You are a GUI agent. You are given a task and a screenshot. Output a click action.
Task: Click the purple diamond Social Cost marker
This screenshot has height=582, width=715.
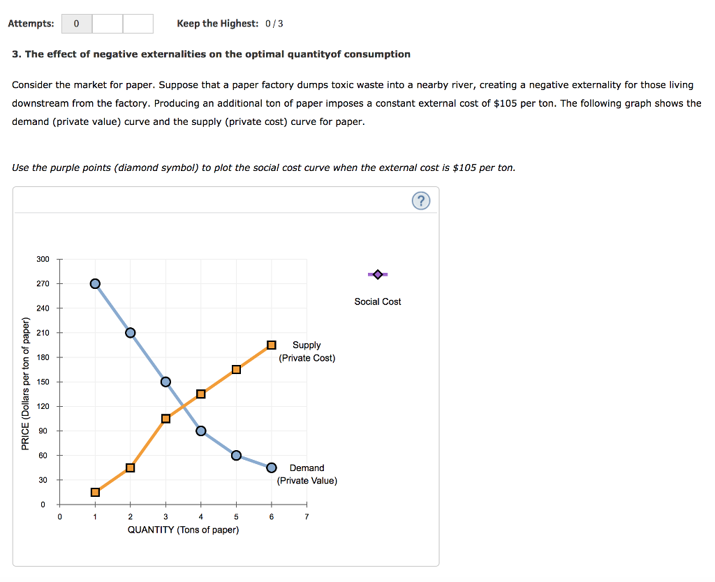[x=378, y=274]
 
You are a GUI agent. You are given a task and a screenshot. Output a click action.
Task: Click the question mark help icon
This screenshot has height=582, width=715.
[x=420, y=201]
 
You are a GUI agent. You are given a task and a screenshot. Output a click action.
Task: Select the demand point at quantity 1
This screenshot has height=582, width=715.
[x=95, y=283]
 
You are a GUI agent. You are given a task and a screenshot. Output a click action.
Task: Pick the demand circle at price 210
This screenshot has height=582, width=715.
[x=130, y=332]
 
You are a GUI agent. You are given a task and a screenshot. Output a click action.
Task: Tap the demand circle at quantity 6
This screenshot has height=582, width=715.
[x=272, y=468]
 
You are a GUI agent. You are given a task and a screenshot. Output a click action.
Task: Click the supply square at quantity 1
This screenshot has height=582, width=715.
[x=95, y=492]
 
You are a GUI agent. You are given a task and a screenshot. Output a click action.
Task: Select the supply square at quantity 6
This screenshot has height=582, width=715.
[x=272, y=345]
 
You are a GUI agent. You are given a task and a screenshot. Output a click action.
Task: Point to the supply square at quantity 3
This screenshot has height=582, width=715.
[x=165, y=419]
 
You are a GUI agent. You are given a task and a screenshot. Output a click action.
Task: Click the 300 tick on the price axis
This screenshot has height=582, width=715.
[x=43, y=259]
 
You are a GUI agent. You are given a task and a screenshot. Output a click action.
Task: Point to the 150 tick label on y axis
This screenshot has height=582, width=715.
[x=43, y=382]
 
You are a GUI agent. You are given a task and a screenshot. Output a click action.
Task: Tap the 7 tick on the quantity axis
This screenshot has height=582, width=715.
[x=307, y=517]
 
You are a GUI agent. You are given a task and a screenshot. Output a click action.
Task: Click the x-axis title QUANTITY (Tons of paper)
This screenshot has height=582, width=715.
[x=183, y=530]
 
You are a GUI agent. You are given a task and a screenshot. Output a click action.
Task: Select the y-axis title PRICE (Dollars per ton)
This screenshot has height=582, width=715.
[x=26, y=383]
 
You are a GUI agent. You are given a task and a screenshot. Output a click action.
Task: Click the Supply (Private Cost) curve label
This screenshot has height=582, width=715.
[x=307, y=351]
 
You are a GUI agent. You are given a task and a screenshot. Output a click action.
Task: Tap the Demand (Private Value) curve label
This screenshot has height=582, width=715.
[x=307, y=474]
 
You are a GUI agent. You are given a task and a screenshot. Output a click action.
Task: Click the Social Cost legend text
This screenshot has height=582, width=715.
[x=378, y=301]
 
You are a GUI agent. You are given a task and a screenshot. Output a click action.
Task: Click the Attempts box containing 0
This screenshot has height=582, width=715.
[x=77, y=24]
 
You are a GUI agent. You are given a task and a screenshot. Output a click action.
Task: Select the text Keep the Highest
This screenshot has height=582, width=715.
[x=217, y=24]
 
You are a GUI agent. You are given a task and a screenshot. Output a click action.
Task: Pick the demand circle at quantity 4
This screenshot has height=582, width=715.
[x=201, y=431]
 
